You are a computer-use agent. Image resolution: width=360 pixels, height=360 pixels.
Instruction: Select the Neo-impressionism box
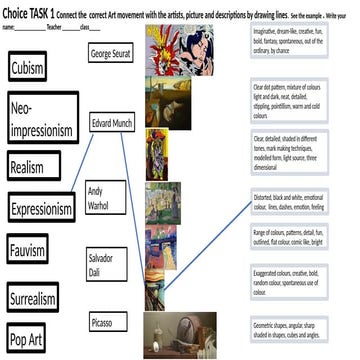41,119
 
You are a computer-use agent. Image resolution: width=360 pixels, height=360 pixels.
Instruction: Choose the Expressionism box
41,209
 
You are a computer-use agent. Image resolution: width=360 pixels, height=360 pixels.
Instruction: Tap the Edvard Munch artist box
113,126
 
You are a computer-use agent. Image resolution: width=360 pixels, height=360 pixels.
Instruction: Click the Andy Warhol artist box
106,197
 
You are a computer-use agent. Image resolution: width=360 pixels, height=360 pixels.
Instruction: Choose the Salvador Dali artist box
105,263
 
